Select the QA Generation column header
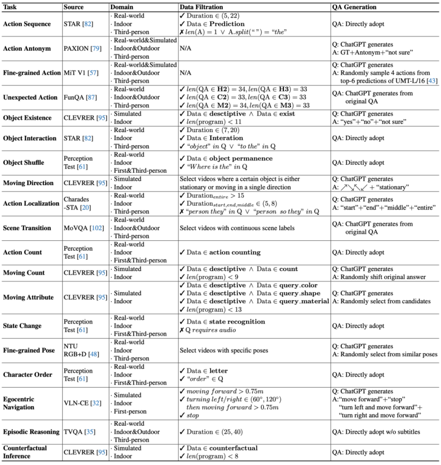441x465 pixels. pos(353,7)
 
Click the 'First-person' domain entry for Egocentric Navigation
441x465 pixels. pos(131,416)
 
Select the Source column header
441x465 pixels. pos(74,7)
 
